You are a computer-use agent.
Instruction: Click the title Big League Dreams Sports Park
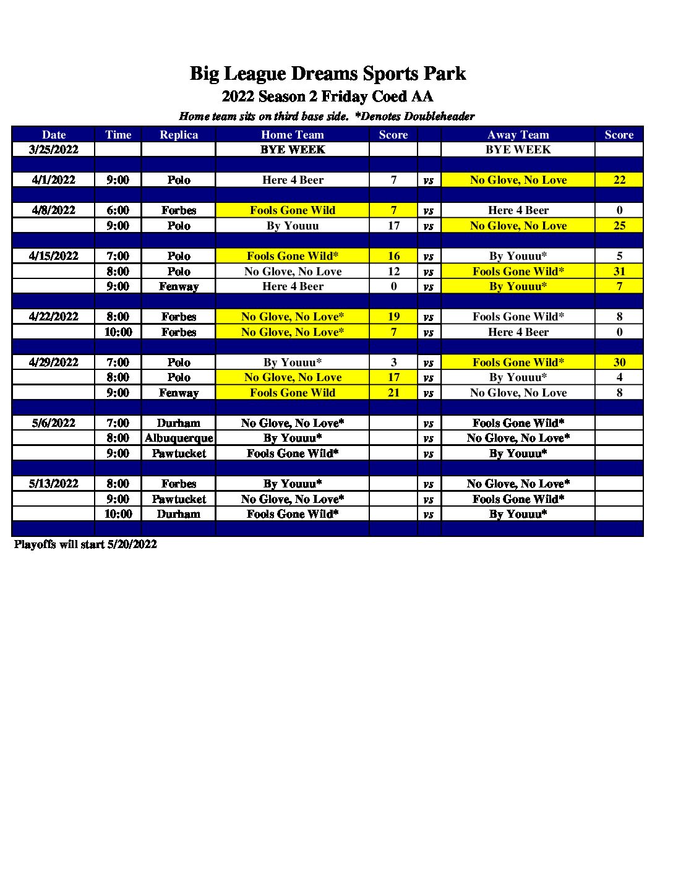pyautogui.click(x=327, y=74)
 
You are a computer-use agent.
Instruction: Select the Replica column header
pyautogui.click(x=179, y=135)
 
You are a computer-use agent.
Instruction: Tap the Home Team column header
pyautogui.click(x=293, y=135)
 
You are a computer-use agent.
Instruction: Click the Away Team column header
pyautogui.click(x=518, y=135)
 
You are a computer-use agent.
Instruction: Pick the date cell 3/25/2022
pyautogui.click(x=54, y=149)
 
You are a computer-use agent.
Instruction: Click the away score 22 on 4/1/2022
pyautogui.click(x=619, y=180)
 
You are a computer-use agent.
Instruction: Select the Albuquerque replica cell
pyautogui.click(x=179, y=438)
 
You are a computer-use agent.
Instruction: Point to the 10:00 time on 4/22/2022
pyautogui.click(x=118, y=332)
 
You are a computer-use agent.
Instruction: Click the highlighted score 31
pyautogui.click(x=619, y=272)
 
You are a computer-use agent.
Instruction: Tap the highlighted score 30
pyautogui.click(x=619, y=363)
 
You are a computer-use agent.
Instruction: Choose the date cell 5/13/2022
pyautogui.click(x=54, y=484)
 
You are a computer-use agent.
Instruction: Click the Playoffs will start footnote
pyautogui.click(x=85, y=544)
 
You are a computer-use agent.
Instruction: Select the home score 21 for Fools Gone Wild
pyautogui.click(x=393, y=393)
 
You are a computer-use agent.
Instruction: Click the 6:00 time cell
pyautogui.click(x=118, y=210)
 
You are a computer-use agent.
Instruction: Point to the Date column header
pyautogui.click(x=54, y=135)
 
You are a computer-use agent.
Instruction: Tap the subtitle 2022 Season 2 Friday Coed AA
pyautogui.click(x=327, y=97)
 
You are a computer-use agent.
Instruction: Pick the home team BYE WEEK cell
pyautogui.click(x=293, y=150)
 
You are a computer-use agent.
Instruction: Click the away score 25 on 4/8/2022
pyautogui.click(x=619, y=226)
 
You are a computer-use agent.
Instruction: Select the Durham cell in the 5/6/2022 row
pyautogui.click(x=179, y=423)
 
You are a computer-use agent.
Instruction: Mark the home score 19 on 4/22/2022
pyautogui.click(x=393, y=317)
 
